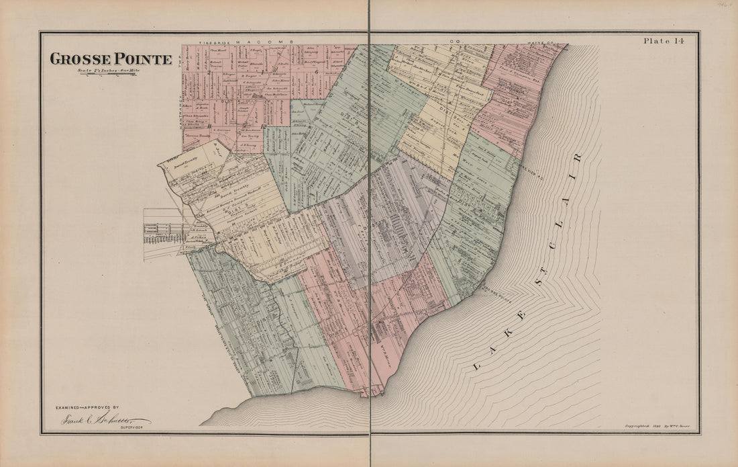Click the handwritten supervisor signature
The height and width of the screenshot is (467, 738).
tap(98, 419)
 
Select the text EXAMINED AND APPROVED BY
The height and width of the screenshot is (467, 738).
tap(87, 408)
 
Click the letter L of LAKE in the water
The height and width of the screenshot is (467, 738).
tap(478, 367)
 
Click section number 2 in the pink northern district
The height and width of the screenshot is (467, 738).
tap(209, 71)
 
